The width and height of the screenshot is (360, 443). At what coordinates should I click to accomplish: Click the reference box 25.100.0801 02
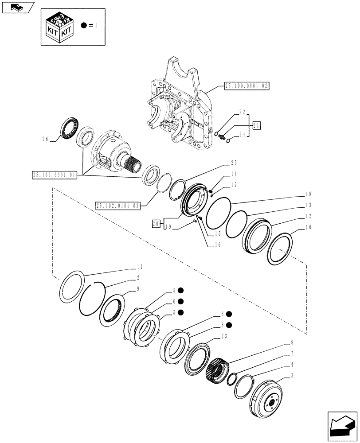coord(247,86)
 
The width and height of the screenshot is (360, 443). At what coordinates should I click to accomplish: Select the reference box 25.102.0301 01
coord(55,175)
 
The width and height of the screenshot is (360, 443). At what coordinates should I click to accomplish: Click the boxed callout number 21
coord(257,126)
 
